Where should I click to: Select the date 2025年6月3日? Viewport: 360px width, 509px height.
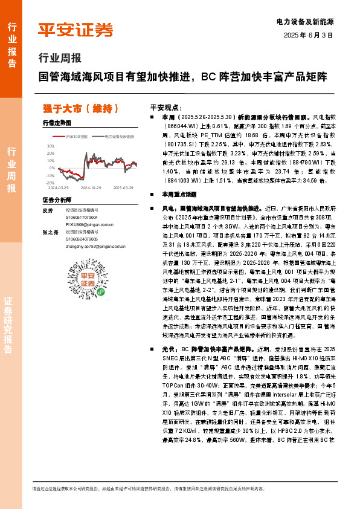(309, 35)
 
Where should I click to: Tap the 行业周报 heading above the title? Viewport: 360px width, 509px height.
(59, 59)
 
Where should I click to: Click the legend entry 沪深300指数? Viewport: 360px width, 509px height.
(77, 137)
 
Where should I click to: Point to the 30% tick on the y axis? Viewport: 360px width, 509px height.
(50, 146)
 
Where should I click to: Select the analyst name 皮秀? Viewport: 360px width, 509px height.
(48, 210)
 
